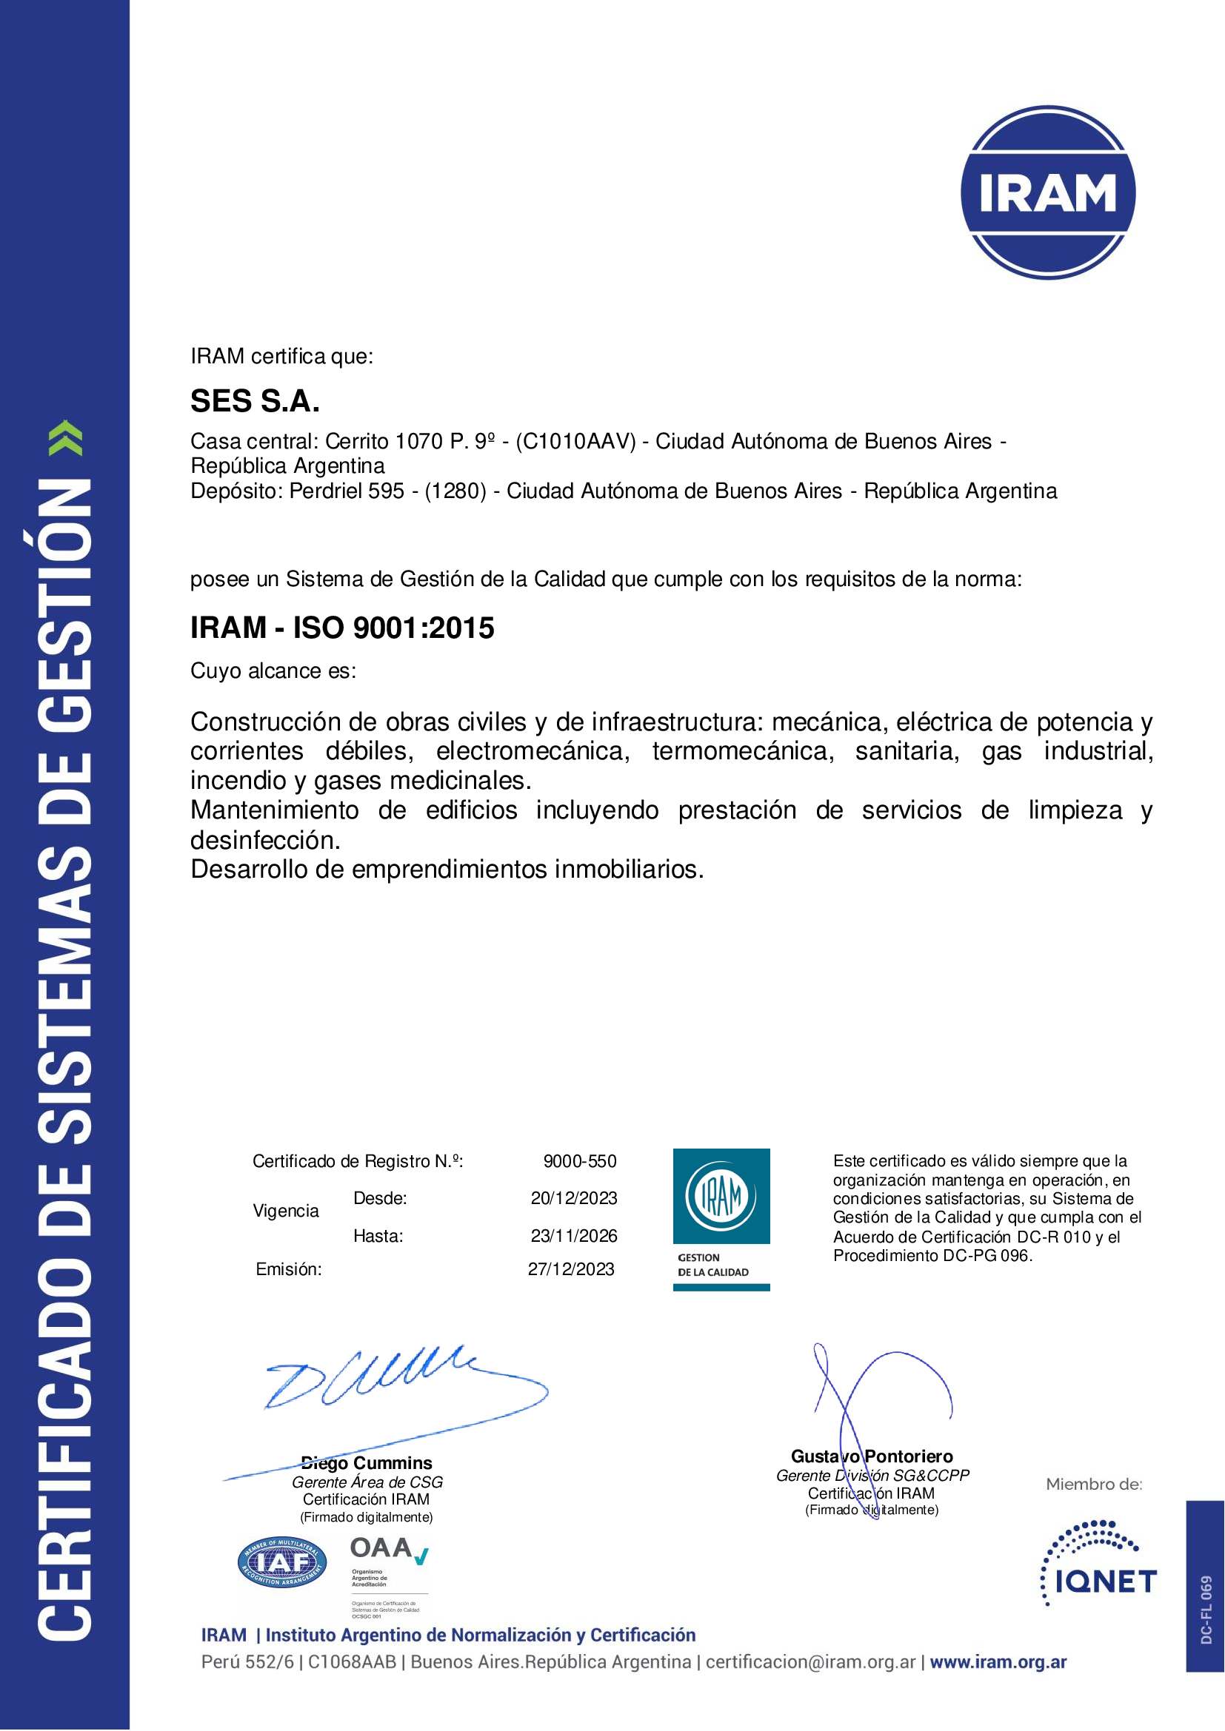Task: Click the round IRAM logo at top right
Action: [1048, 193]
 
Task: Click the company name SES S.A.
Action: [255, 401]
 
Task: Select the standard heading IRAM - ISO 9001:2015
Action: [341, 628]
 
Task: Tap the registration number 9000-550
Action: [579, 1161]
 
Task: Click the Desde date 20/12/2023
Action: [573, 1198]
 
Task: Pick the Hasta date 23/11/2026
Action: [573, 1236]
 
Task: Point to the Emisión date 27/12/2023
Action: [570, 1269]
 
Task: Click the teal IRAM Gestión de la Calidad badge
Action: [721, 1219]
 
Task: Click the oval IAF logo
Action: [282, 1563]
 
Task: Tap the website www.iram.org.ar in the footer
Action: [998, 1661]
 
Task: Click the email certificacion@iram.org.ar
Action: [810, 1661]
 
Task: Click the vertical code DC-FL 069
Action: [1206, 1610]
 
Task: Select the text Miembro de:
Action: [1094, 1485]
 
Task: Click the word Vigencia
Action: [286, 1211]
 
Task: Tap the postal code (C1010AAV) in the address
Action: [576, 441]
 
